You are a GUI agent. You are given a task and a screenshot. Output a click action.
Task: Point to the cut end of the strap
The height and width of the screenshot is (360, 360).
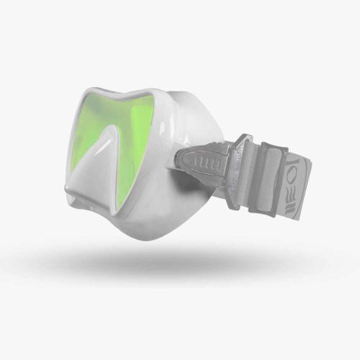[312, 173]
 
